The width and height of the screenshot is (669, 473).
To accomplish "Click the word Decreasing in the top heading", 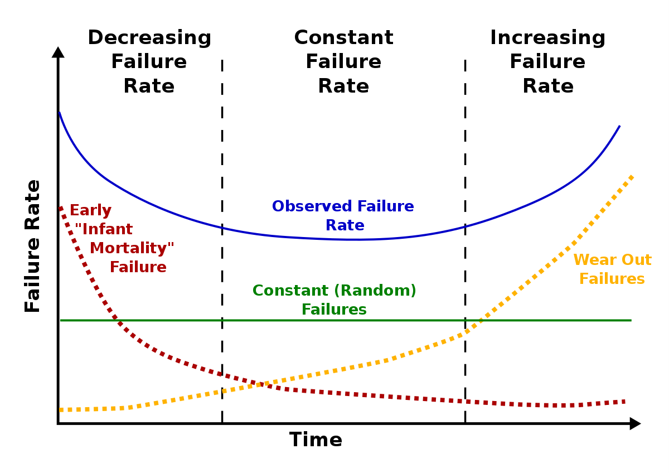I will click(149, 38).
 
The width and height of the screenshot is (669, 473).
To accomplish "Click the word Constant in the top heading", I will click(343, 38).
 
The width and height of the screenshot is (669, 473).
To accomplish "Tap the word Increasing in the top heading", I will click(547, 38).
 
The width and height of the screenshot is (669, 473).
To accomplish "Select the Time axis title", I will click(316, 440).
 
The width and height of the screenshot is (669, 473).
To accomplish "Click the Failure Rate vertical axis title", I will click(33, 245).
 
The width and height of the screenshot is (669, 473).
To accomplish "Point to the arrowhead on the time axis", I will click(635, 423).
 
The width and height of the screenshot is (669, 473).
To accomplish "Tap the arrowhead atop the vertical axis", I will click(58, 52).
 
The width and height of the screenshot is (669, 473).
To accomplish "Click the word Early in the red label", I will click(90, 211).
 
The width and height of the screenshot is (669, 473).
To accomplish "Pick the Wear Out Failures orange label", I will click(612, 269).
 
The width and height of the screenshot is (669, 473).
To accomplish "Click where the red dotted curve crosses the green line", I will click(116, 320).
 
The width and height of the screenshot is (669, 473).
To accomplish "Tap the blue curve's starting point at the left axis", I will click(59, 113).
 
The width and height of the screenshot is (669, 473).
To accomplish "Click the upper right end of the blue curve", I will click(619, 127).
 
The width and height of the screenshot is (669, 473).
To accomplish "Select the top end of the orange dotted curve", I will click(632, 176).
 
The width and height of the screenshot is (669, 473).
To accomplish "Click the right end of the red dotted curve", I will click(624, 402).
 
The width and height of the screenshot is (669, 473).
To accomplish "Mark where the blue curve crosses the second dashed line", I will click(465, 226).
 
